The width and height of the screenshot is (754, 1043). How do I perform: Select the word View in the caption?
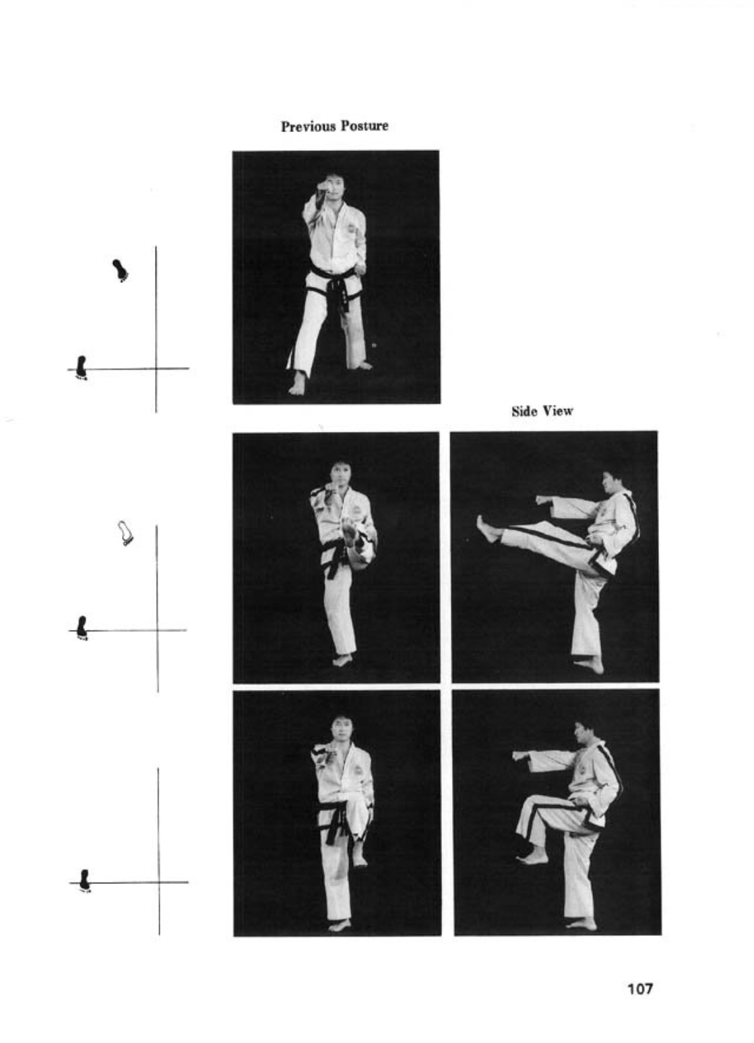(x=557, y=411)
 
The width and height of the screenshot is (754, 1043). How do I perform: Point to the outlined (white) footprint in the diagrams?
(x=125, y=533)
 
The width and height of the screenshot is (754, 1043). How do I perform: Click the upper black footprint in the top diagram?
(x=121, y=270)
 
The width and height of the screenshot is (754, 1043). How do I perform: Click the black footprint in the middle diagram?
(x=82, y=628)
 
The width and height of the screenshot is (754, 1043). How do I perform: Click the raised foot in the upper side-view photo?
(x=487, y=529)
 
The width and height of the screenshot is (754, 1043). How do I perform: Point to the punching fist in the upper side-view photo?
(x=542, y=500)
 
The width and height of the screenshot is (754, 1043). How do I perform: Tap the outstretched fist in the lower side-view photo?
(x=520, y=755)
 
